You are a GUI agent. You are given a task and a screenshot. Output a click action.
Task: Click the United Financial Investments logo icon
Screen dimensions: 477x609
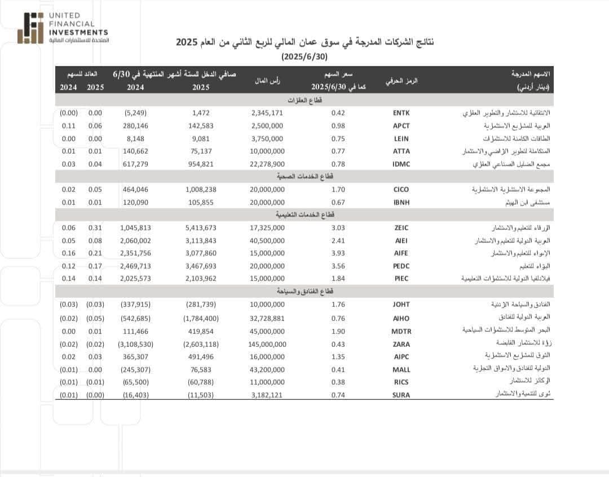click(x=30, y=28)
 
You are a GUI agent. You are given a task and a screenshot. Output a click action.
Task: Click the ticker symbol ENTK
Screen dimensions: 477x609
click(x=401, y=113)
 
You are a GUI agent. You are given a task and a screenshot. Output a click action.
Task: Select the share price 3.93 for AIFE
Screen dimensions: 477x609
click(x=338, y=253)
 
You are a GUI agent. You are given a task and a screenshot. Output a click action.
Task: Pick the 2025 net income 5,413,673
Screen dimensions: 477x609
click(x=201, y=228)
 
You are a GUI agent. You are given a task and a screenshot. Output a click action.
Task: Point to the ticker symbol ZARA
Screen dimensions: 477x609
click(x=401, y=344)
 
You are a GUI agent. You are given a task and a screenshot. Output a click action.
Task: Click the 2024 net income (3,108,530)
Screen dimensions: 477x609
click(x=135, y=344)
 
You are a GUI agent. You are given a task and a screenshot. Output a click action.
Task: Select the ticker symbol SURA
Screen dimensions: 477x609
click(x=401, y=395)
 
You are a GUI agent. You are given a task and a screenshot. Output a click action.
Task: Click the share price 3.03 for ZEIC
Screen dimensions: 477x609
click(x=338, y=228)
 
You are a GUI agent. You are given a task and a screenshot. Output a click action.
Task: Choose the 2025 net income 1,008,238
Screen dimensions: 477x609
click(x=201, y=190)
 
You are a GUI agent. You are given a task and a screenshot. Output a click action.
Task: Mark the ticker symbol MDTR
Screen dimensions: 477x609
click(x=401, y=331)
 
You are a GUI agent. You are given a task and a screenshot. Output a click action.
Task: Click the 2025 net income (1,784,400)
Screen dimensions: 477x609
click(x=201, y=318)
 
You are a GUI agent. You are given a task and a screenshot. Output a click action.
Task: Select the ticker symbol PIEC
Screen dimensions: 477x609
click(x=401, y=279)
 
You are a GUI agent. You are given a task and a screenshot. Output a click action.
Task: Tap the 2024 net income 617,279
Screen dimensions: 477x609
click(x=135, y=164)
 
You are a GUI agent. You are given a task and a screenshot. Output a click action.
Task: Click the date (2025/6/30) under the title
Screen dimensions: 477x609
click(x=304, y=57)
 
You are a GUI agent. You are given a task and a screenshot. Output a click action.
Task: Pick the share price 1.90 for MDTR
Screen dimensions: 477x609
click(x=338, y=331)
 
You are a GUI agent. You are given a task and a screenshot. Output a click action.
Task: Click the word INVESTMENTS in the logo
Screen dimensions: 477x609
click(x=78, y=32)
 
